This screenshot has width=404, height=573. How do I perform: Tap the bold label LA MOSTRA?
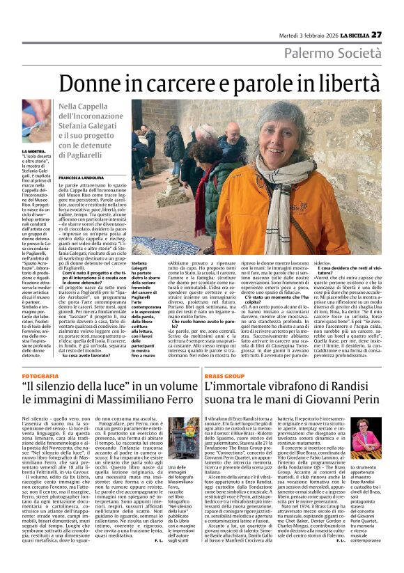click(x=33, y=151)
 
